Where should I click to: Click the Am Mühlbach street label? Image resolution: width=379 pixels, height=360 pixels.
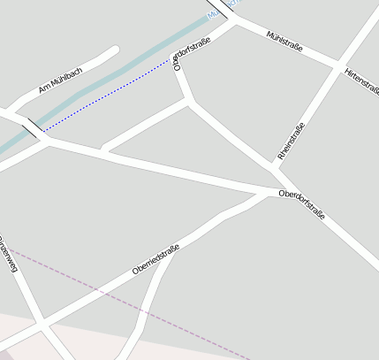60,80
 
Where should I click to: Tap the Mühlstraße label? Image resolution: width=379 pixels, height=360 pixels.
284,40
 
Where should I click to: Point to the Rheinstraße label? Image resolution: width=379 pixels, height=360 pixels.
291,141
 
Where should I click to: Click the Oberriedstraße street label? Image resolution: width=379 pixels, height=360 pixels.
155,259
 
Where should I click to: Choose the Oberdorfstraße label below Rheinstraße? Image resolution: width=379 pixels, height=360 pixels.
301,204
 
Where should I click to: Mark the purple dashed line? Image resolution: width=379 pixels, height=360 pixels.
133,305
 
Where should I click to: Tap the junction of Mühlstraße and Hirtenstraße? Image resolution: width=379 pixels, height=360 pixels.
338,64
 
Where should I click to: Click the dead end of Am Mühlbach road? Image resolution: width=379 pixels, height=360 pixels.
114,50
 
